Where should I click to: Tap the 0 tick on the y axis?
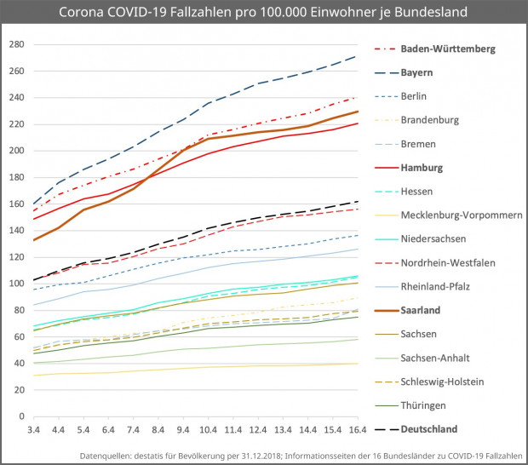click(x=20, y=416)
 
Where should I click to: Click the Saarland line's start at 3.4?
click(x=33, y=240)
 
